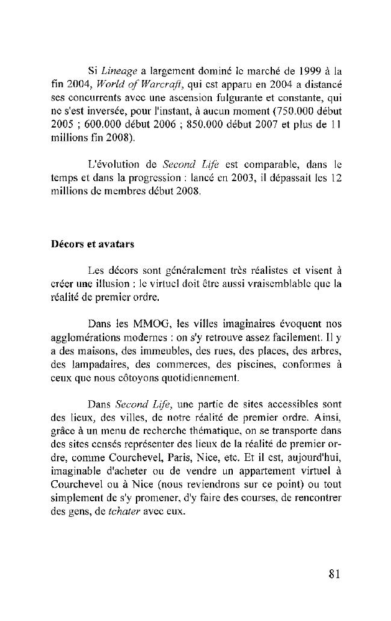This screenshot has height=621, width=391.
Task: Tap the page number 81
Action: [335, 573]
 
